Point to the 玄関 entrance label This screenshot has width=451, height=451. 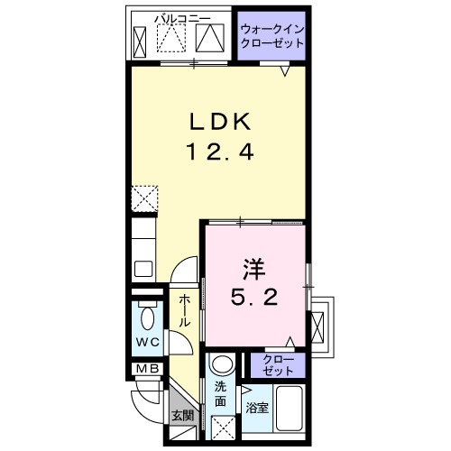[x=182, y=416]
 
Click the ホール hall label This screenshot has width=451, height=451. [x=183, y=312]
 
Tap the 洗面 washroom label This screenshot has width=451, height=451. [x=221, y=394]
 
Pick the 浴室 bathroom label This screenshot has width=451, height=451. [x=257, y=408]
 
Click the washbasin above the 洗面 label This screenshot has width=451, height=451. [x=221, y=367]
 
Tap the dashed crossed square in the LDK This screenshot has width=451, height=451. [x=145, y=198]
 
